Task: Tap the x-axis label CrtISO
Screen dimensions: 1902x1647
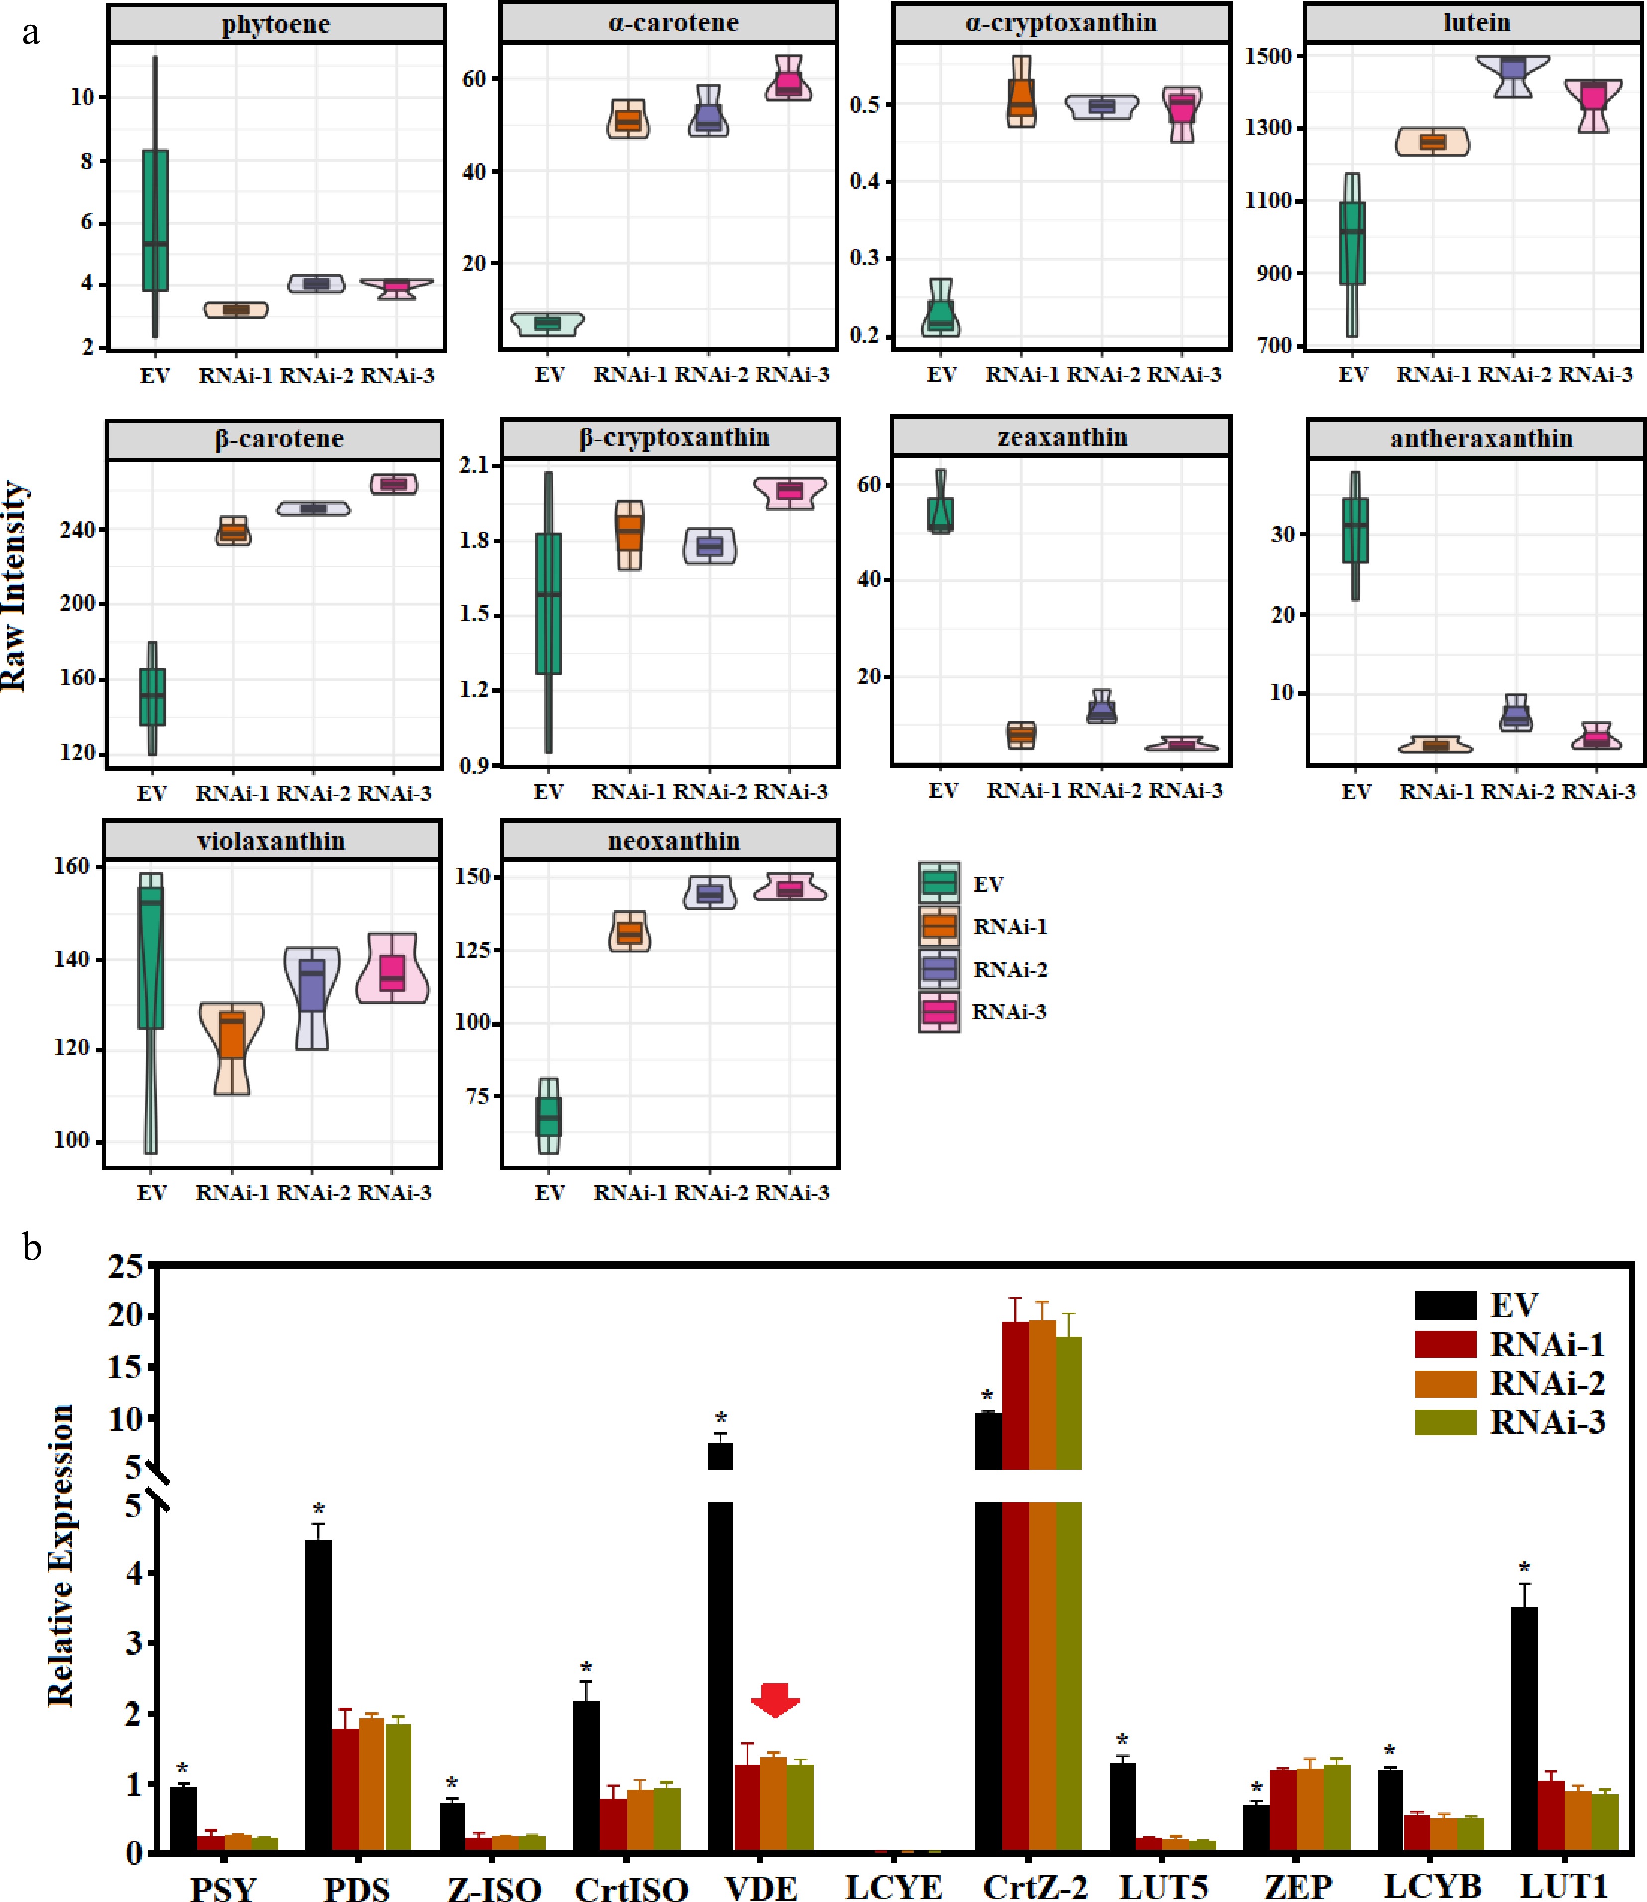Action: [632, 1885]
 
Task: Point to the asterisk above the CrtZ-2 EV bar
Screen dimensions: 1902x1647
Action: [987, 1397]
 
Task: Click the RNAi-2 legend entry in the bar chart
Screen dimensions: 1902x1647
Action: [1547, 1382]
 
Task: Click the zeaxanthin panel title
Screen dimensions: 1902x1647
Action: [1061, 437]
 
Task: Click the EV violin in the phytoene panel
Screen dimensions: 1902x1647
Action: [155, 221]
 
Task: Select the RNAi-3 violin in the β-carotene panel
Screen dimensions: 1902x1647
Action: [394, 484]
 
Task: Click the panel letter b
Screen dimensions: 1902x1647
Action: [32, 1248]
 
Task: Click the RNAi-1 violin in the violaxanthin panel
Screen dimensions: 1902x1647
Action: [232, 1047]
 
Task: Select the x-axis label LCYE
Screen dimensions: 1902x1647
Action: [893, 1885]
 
